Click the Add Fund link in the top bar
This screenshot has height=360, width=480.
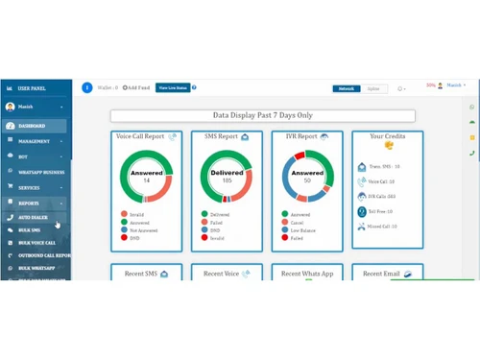[136, 87]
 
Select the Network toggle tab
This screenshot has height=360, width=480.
[346, 88]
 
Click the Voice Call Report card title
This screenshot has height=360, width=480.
[141, 137]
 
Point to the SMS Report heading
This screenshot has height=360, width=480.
[220, 137]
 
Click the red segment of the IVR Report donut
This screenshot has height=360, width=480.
[300, 156]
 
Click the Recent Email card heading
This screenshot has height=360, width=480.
[380, 274]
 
